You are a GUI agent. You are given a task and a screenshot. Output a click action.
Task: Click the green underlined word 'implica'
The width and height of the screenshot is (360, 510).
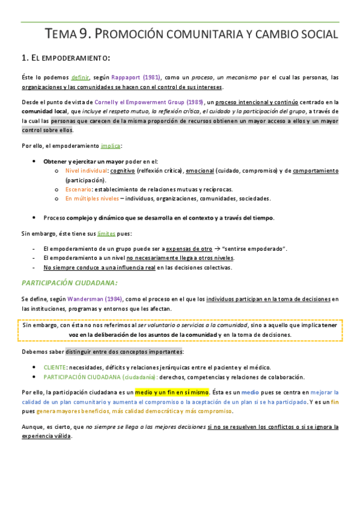[x=111, y=146]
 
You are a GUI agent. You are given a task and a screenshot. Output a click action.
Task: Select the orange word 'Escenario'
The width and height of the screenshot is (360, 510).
[x=78, y=189]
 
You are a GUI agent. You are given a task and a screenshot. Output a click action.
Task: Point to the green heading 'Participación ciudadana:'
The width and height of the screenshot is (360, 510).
[x=70, y=282]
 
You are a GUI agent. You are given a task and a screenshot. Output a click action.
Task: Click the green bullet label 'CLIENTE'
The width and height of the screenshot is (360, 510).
[x=55, y=367]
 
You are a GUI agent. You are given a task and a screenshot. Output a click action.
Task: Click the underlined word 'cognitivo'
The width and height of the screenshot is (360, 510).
[x=123, y=171]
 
